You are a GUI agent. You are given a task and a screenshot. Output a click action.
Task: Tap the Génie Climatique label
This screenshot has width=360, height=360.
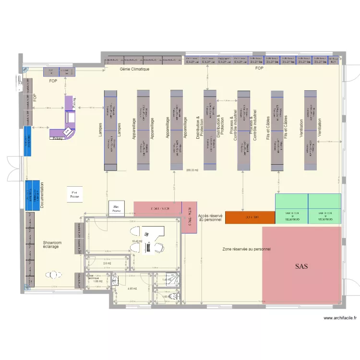pyautogui.click(x=134, y=69)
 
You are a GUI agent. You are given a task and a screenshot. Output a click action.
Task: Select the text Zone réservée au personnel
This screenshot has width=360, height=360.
pyautogui.click(x=247, y=250)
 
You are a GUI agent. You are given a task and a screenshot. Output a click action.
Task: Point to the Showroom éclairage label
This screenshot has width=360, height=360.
pyautogui.click(x=51, y=245)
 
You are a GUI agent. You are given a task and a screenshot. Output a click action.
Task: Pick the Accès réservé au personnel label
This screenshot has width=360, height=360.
pyautogui.click(x=210, y=218)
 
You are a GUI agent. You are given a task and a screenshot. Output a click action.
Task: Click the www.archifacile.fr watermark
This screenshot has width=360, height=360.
pyautogui.click(x=339, y=318)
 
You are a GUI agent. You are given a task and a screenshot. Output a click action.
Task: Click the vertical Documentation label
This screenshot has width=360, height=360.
pyautogui.click(x=42, y=195)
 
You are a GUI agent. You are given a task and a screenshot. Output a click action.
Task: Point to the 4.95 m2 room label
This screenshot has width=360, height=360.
pyautogui.click(x=132, y=288)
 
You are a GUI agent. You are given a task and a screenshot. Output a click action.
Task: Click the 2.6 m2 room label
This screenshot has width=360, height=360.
pyautogui.click(x=107, y=263)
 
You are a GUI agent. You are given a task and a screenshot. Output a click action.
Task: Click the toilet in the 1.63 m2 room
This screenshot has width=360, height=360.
pyautogui.click(x=172, y=297)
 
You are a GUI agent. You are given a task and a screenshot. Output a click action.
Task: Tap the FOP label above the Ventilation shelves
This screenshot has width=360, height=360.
pyautogui.click(x=259, y=69)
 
